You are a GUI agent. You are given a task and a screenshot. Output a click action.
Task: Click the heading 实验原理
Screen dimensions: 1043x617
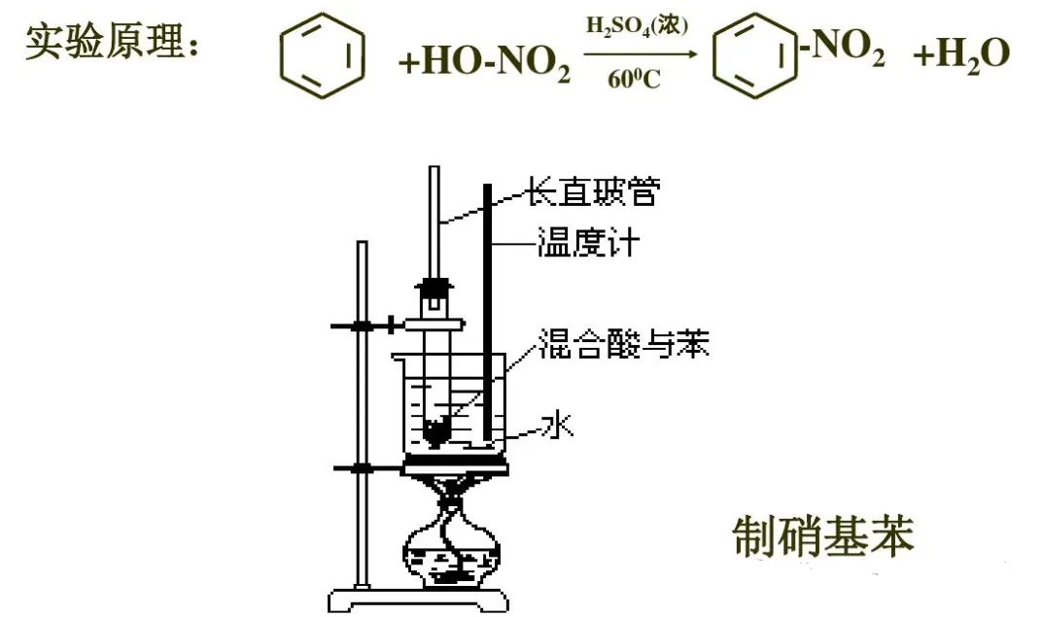(x=112, y=42)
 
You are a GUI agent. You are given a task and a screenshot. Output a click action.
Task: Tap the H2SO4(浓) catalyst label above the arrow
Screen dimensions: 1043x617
(x=637, y=26)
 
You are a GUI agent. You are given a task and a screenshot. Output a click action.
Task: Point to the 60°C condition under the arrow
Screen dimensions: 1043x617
(x=634, y=80)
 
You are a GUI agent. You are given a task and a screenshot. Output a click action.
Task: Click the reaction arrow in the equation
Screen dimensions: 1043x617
(x=641, y=53)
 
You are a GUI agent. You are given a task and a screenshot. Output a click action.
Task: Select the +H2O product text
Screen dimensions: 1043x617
(x=961, y=53)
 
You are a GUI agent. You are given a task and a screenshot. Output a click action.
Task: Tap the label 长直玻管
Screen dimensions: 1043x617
(x=593, y=191)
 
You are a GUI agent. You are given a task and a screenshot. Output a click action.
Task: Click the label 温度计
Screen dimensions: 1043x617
(x=588, y=242)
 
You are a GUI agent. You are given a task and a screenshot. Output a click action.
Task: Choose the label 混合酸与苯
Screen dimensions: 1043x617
(x=623, y=344)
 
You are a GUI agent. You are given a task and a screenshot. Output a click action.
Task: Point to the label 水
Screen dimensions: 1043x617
(x=557, y=424)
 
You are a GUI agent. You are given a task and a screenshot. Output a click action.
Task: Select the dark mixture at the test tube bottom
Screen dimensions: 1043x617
(x=436, y=431)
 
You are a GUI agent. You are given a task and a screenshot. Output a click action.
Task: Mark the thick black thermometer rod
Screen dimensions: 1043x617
(x=488, y=313)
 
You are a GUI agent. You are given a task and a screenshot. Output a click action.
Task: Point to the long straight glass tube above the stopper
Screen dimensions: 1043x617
(x=435, y=223)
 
